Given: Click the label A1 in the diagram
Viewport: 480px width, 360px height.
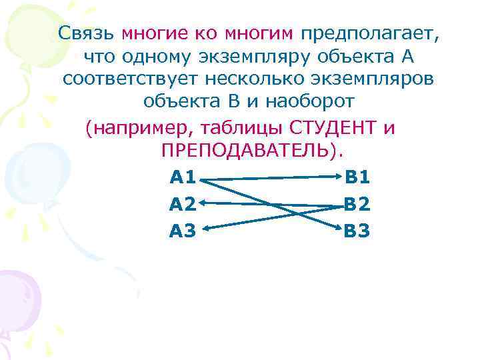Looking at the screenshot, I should (183, 177).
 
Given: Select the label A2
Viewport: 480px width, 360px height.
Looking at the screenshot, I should (183, 204).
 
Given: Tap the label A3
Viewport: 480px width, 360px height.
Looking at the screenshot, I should (183, 231).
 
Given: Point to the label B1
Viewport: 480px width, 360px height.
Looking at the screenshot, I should (357, 177).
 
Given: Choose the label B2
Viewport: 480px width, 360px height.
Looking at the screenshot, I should (357, 204).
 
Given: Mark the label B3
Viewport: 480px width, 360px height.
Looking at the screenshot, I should (357, 231).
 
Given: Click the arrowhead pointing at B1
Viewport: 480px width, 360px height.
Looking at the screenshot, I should (337, 178).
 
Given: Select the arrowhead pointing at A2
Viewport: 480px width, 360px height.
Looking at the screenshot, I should (203, 203).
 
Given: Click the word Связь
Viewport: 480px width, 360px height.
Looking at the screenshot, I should (86, 33).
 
